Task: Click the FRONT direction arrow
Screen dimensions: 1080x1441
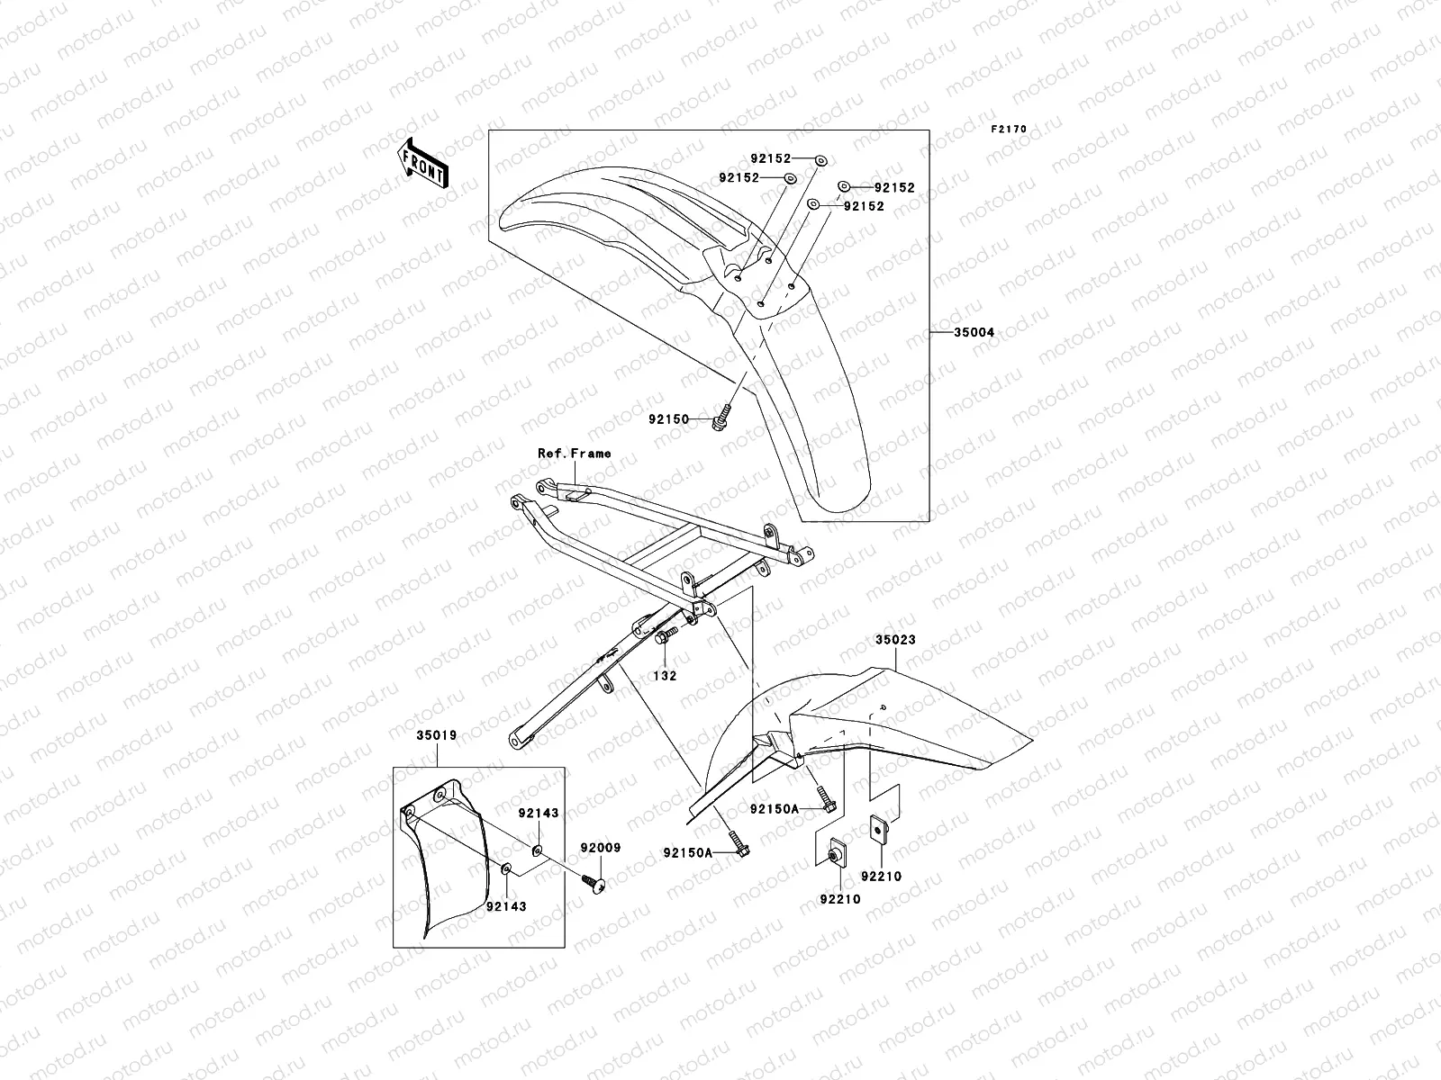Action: (x=424, y=162)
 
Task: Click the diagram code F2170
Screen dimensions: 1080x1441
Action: (x=1009, y=130)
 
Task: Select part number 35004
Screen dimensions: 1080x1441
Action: (x=974, y=333)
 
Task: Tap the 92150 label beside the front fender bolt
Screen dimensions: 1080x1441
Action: (x=668, y=419)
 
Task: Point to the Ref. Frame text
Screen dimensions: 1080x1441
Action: (x=574, y=454)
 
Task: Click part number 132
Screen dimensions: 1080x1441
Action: (x=666, y=675)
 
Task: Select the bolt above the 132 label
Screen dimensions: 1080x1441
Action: (x=664, y=638)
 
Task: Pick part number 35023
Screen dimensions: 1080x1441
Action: (x=895, y=641)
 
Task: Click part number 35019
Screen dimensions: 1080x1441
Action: (x=436, y=735)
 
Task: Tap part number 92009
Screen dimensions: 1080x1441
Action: (x=600, y=848)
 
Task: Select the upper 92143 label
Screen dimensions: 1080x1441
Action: (x=539, y=813)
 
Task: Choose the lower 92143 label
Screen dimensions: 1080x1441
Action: (x=506, y=906)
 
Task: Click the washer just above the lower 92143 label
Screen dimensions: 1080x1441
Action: (x=507, y=868)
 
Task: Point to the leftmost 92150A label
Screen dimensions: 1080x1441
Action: (x=688, y=852)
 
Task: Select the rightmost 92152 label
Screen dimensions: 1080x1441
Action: (x=893, y=188)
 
